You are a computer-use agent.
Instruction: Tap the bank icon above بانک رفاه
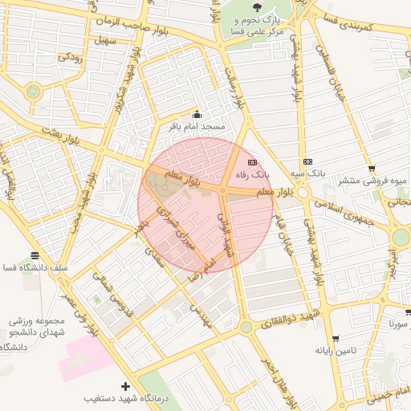tap(253, 161)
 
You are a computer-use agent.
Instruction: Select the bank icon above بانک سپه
tap(308, 161)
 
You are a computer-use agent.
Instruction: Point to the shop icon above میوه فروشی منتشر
tap(372, 169)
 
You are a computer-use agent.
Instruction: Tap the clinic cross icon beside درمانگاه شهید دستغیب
tap(124, 387)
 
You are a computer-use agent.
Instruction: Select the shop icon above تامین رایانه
tap(335, 339)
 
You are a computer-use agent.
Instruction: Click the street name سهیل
tap(104, 38)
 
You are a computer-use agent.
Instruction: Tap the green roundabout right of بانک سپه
tap(401, 238)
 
